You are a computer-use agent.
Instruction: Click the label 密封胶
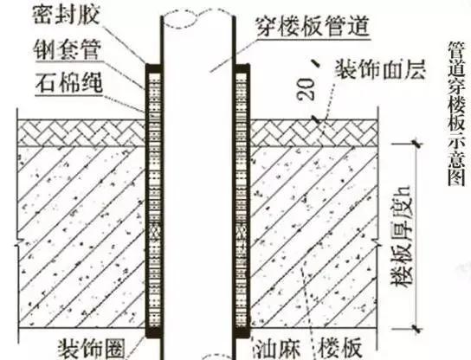(x=66, y=15)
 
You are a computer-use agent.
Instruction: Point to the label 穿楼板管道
(x=312, y=27)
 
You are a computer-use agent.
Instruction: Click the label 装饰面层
(x=381, y=69)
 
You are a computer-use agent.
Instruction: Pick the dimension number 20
(x=306, y=89)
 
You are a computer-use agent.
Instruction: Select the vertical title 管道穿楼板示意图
(x=456, y=114)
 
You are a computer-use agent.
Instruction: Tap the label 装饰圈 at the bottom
(x=91, y=350)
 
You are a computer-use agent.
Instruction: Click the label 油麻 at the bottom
(x=277, y=350)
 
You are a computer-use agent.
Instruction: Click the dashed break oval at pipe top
(x=179, y=19)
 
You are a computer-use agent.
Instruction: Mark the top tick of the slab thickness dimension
(x=416, y=144)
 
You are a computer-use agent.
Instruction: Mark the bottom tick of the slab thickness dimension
(x=416, y=329)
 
